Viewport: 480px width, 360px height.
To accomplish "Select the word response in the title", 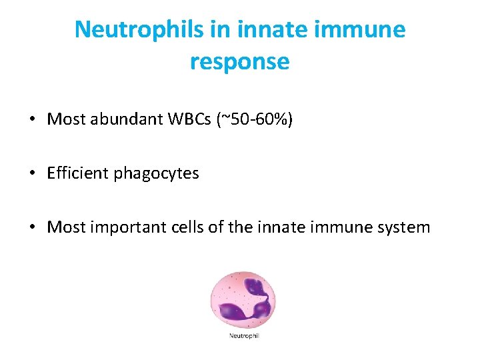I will tap(239, 61).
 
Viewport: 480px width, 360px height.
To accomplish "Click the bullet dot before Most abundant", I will tap(32, 121).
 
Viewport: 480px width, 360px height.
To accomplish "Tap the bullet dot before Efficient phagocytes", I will tap(32, 174).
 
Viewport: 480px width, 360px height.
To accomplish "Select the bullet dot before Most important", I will tap(32, 228).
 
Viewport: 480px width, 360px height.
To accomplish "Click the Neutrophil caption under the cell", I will tap(244, 335).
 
